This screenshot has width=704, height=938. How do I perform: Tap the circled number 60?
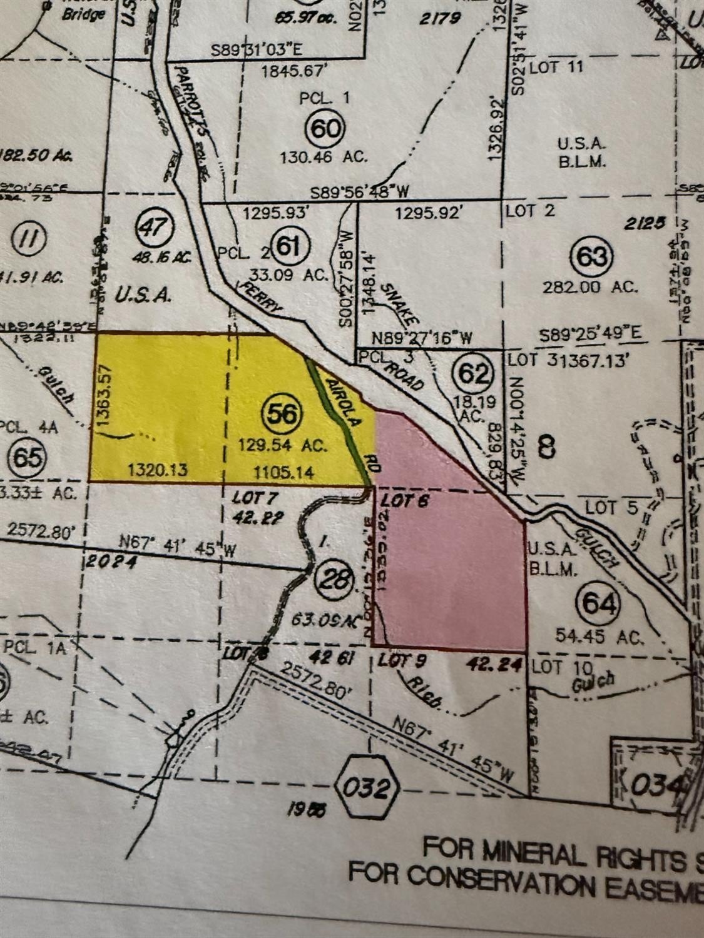(325, 129)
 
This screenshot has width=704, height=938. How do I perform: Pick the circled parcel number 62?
(474, 373)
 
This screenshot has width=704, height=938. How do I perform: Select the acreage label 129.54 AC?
(283, 446)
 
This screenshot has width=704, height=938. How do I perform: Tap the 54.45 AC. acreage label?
(599, 637)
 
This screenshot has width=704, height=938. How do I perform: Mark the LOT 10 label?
(556, 667)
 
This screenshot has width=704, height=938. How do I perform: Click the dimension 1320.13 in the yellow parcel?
(158, 469)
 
